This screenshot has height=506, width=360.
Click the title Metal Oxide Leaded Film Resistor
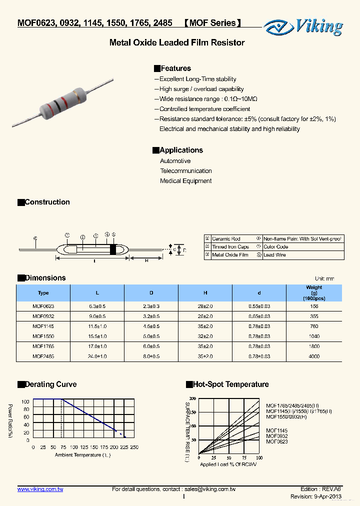coord(177,43)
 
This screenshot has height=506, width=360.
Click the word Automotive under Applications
coord(175,161)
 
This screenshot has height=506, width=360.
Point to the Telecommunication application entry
coord(185,171)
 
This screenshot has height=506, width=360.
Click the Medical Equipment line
coord(185,181)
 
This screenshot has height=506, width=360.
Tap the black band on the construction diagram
coord(112,249)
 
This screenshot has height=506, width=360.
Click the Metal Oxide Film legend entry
coord(230,255)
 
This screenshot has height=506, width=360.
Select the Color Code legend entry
coord(275,247)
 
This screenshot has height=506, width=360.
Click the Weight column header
coord(314,292)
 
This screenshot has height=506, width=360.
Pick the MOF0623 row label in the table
coord(43,306)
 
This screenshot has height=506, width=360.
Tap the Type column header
coord(43,293)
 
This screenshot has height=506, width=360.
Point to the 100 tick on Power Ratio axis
coord(25,401)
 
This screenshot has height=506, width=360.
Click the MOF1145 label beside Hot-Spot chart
coord(276,430)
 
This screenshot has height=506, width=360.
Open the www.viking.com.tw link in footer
coord(40,489)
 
